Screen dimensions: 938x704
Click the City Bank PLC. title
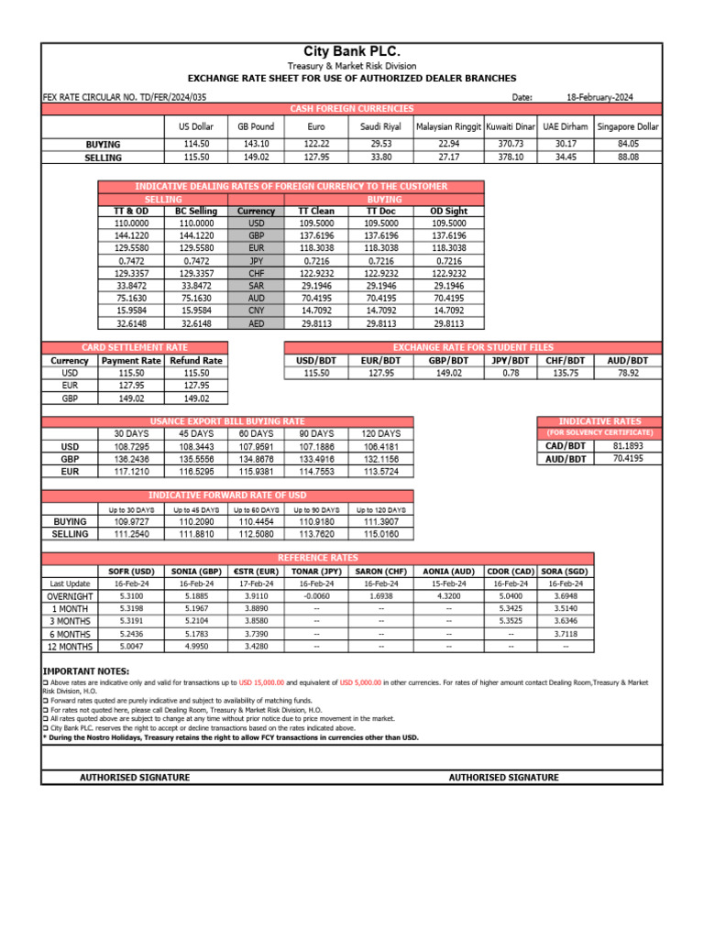point(351,51)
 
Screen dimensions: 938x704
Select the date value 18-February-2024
point(599,97)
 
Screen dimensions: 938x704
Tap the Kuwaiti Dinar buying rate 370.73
point(511,144)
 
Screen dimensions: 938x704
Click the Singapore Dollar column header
point(628,126)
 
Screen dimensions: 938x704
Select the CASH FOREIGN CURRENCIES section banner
point(351,109)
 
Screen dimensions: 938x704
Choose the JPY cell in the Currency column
point(256,261)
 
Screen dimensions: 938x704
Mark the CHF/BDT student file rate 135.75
point(561,373)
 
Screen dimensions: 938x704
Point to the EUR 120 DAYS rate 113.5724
point(380,471)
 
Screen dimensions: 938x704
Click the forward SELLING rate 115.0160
point(380,534)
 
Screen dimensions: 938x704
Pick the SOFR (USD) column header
point(131,571)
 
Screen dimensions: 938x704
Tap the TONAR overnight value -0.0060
point(316,595)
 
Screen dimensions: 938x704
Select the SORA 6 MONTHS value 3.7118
point(565,633)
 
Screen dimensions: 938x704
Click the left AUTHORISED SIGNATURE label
point(135,778)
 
